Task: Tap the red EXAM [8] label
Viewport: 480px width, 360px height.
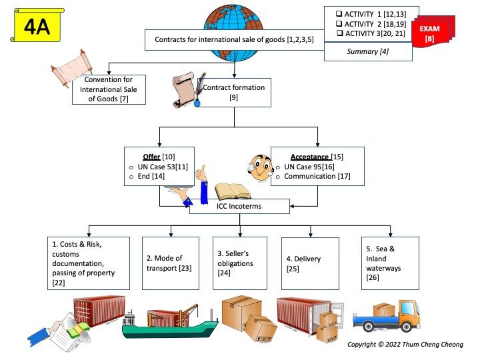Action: tap(432, 33)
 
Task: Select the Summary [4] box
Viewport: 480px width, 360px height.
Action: tap(372, 51)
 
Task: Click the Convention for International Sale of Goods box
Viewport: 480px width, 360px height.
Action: tap(109, 89)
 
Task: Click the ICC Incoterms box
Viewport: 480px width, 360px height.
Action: tap(239, 207)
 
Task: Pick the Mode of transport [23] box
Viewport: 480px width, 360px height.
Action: tap(170, 263)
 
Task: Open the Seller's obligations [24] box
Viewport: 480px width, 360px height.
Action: tap(239, 263)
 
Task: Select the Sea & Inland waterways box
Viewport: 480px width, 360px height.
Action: tap(390, 263)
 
